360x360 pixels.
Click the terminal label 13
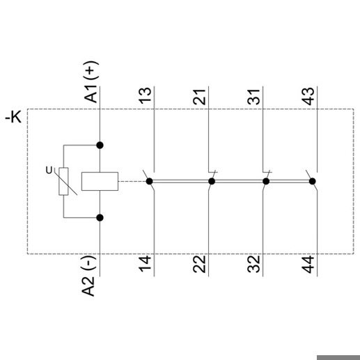coord(145,95)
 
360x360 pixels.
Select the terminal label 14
coord(145,263)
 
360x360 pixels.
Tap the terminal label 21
coord(199,97)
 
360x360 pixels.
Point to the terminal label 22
coord(199,264)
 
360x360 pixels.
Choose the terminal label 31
coord(253,97)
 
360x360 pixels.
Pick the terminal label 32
coord(253,264)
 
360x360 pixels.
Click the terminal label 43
coord(308,96)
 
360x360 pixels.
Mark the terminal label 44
coord(308,264)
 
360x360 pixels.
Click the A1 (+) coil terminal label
coord(91,81)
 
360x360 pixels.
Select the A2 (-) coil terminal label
coord(89,276)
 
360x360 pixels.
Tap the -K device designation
coord(13,117)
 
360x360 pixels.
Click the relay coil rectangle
coord(100,181)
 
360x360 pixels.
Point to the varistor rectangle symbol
coord(63,181)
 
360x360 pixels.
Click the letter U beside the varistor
coord(49,171)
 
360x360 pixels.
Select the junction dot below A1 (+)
coord(100,146)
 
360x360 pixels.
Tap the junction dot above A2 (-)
coord(100,218)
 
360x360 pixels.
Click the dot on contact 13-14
coord(149,181)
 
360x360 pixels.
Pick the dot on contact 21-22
coord(212,181)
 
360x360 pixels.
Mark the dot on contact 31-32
coord(266,181)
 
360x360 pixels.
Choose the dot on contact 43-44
coord(313,181)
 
